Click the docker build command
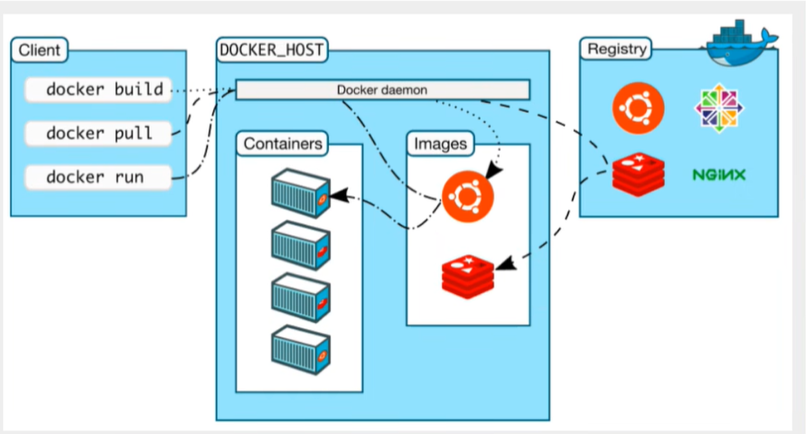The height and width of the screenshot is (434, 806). pos(98,90)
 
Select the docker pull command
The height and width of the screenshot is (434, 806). pos(98,134)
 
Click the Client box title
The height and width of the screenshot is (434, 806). pos(41,50)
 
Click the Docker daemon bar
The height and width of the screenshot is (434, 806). pos(382,90)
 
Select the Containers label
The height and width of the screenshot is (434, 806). pos(284,143)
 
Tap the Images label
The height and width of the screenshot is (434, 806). pos(440,143)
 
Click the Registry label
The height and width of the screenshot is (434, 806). pos(617,49)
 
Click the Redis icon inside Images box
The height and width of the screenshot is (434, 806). pos(468,277)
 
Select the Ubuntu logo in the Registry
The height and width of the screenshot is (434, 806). pos(637,108)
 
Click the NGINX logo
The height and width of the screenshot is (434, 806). pos(719,175)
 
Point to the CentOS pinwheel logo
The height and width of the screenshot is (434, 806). pos(719,108)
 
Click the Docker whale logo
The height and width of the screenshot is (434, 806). pos(740,40)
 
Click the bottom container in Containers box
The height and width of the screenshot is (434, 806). pos(300,347)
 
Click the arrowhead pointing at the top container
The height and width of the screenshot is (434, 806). pos(338,194)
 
